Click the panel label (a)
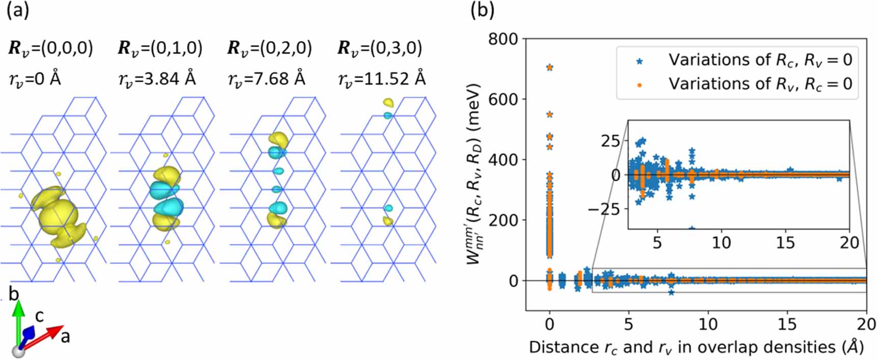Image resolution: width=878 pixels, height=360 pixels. (x=18, y=11)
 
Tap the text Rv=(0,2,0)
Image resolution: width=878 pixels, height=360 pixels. (x=269, y=48)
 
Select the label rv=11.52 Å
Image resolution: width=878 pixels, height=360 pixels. (x=382, y=79)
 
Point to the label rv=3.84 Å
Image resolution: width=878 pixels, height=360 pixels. (x=157, y=79)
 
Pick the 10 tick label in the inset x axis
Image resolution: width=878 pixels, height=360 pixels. (x=721, y=242)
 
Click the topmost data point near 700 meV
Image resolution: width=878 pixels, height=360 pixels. (x=549, y=67)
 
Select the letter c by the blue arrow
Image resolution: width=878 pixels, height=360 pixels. (x=39, y=316)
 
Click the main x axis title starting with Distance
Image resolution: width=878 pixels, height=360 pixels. (x=696, y=347)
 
